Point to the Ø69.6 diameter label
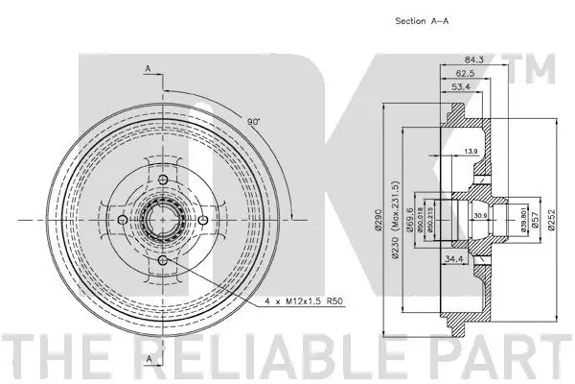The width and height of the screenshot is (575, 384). pyautogui.click(x=410, y=224)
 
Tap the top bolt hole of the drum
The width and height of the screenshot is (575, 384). pyautogui.click(x=163, y=181)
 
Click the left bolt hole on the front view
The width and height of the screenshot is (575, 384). pyautogui.click(x=123, y=222)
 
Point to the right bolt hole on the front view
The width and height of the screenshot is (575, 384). pyautogui.click(x=203, y=222)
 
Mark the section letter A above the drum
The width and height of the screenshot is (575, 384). pyautogui.click(x=149, y=68)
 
